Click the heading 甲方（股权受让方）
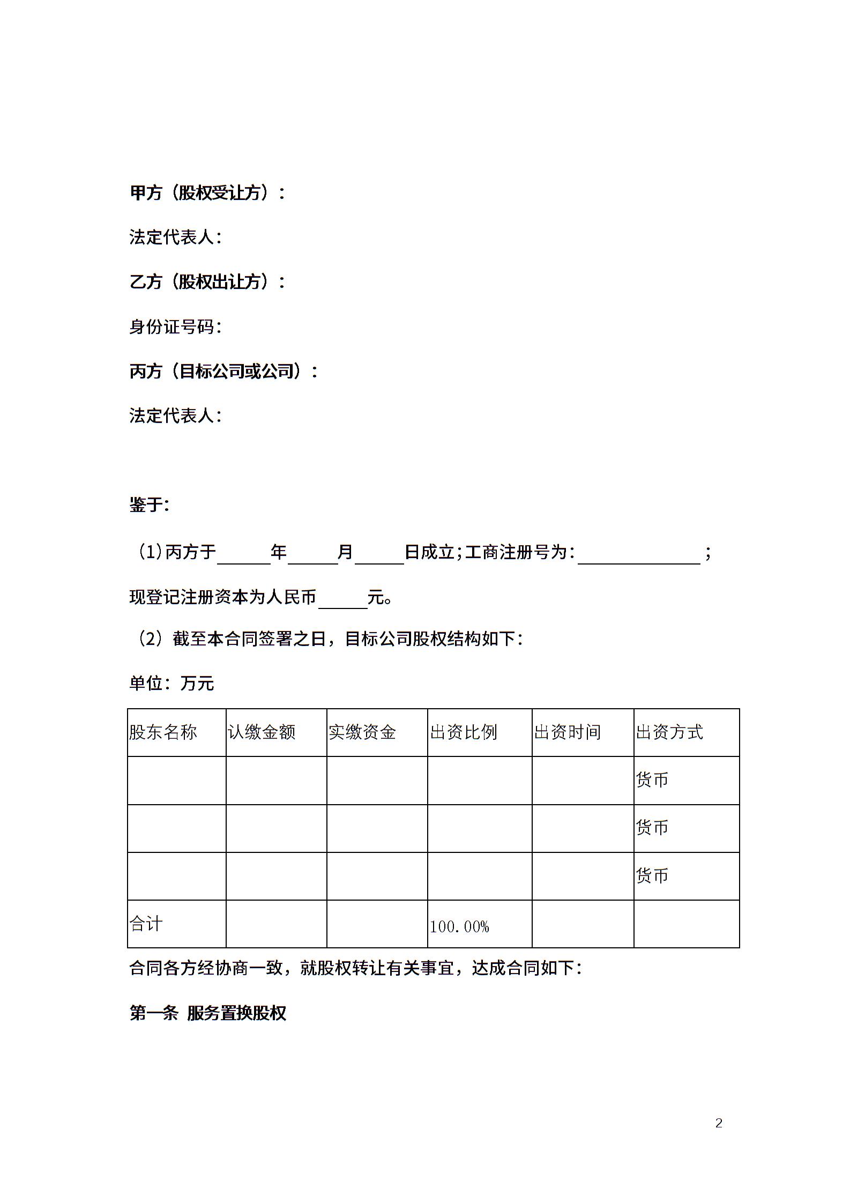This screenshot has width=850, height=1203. pos(207,193)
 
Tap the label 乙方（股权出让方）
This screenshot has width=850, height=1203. pos(207,282)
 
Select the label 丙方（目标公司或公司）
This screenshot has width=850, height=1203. pos(223,371)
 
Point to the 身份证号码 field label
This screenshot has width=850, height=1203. pos(175,326)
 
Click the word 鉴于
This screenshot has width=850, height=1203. pos(149,504)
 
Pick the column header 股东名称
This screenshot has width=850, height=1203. pos(163,732)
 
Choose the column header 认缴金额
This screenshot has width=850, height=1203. pos(262,732)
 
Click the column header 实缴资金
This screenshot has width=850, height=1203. pos(362,732)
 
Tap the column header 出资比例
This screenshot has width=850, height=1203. pos(464,732)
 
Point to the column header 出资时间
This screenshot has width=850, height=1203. pos(568,732)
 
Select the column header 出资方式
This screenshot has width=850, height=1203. pos(669,732)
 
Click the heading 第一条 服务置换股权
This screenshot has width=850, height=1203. pos(208,1013)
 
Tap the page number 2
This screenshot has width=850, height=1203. pos(719,1123)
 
